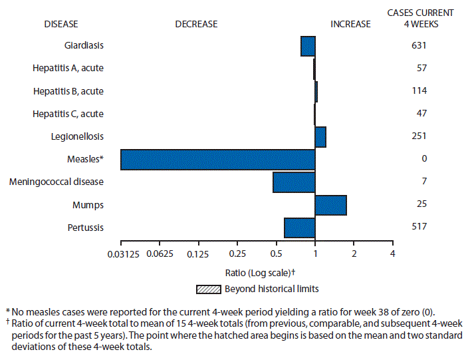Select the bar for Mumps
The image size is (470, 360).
[330, 205]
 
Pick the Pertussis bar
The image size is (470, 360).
[299, 228]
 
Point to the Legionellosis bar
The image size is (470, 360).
[320, 137]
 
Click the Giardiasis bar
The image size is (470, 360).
[308, 47]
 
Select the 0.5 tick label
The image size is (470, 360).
[276, 254]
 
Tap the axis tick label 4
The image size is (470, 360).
[392, 254]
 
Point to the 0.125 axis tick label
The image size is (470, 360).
[198, 254]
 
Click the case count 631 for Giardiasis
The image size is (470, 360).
[419, 46]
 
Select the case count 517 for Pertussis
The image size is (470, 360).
[419, 227]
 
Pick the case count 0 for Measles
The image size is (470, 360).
[424, 159]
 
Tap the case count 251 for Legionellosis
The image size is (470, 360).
[419, 136]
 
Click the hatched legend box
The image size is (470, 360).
[208, 289]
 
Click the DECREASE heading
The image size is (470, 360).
[196, 25]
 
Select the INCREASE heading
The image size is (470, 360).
[350, 25]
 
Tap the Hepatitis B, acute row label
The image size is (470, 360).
[68, 91]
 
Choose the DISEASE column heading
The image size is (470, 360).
[60, 25]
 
